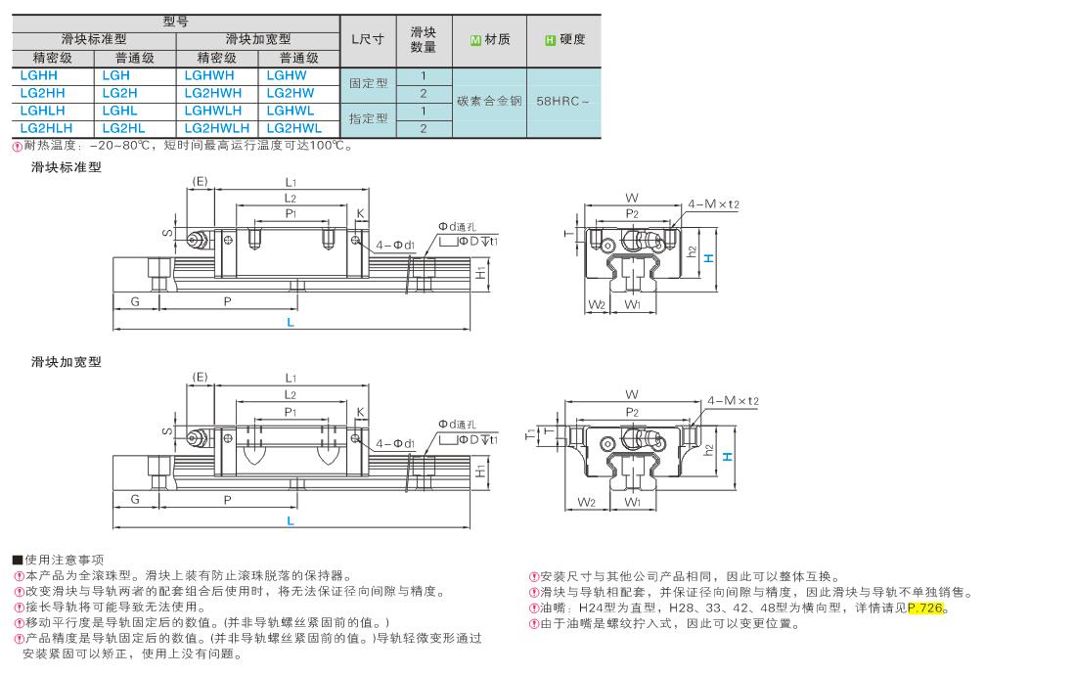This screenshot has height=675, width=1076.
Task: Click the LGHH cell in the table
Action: (39, 75)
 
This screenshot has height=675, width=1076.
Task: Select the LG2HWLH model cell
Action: (217, 128)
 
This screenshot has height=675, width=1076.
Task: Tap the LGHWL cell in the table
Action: (290, 111)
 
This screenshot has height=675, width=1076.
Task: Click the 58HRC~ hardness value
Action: (563, 101)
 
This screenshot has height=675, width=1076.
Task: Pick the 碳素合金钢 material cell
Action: (489, 101)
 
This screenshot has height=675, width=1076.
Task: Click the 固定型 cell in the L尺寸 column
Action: (369, 83)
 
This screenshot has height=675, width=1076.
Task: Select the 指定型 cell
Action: (369, 118)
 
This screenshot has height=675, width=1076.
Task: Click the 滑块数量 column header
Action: (424, 40)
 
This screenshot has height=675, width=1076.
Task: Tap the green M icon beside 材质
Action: (475, 40)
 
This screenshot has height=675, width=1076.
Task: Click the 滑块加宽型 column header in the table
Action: (258, 39)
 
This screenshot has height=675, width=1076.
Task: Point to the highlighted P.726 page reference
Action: (926, 608)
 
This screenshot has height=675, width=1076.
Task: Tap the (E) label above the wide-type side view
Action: (201, 377)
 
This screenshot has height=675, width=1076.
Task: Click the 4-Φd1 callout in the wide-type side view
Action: (396, 443)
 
